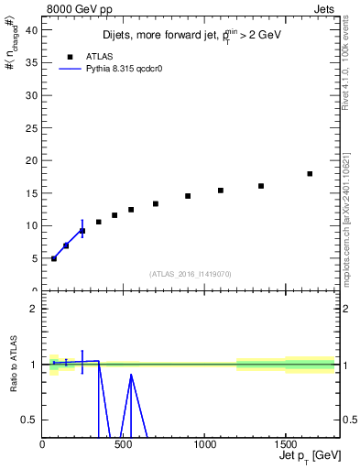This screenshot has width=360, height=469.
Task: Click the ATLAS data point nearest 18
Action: tap(310, 173)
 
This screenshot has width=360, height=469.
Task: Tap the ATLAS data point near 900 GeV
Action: tap(188, 196)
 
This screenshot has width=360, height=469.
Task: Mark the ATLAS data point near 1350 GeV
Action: tap(261, 186)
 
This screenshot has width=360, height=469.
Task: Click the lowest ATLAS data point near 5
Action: tap(54, 258)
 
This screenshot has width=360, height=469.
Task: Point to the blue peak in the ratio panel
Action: tap(131, 374)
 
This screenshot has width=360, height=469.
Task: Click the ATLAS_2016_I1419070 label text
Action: tap(191, 274)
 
